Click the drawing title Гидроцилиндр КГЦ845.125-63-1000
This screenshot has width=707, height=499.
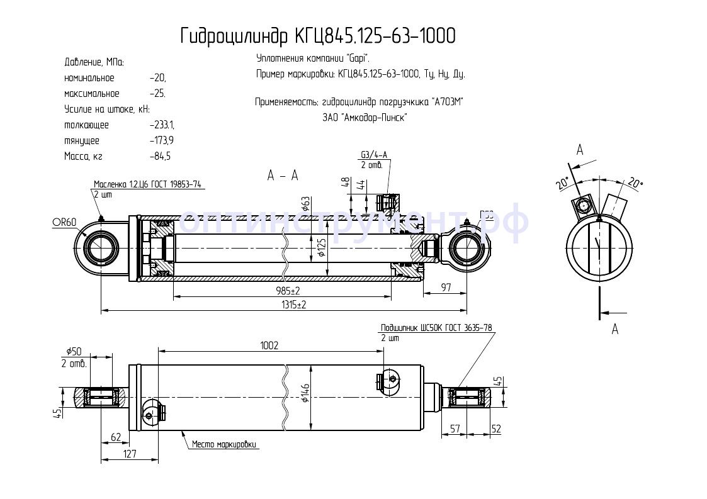[x=317, y=36]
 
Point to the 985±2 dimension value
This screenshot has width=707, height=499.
[x=287, y=291]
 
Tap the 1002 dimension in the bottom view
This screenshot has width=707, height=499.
[x=269, y=345]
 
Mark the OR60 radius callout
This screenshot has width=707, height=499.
[x=64, y=221]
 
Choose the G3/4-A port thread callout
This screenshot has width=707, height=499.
[x=374, y=155]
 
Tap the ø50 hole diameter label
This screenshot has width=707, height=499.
[x=74, y=352]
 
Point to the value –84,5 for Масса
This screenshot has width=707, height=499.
[x=161, y=156]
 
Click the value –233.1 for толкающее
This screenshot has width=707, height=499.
[x=162, y=125]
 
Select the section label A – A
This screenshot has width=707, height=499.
[x=282, y=176]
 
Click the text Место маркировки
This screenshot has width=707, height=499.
[x=225, y=445]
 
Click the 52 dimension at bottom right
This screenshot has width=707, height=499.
[x=496, y=429]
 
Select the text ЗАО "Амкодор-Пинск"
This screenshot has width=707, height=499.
[x=365, y=117]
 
